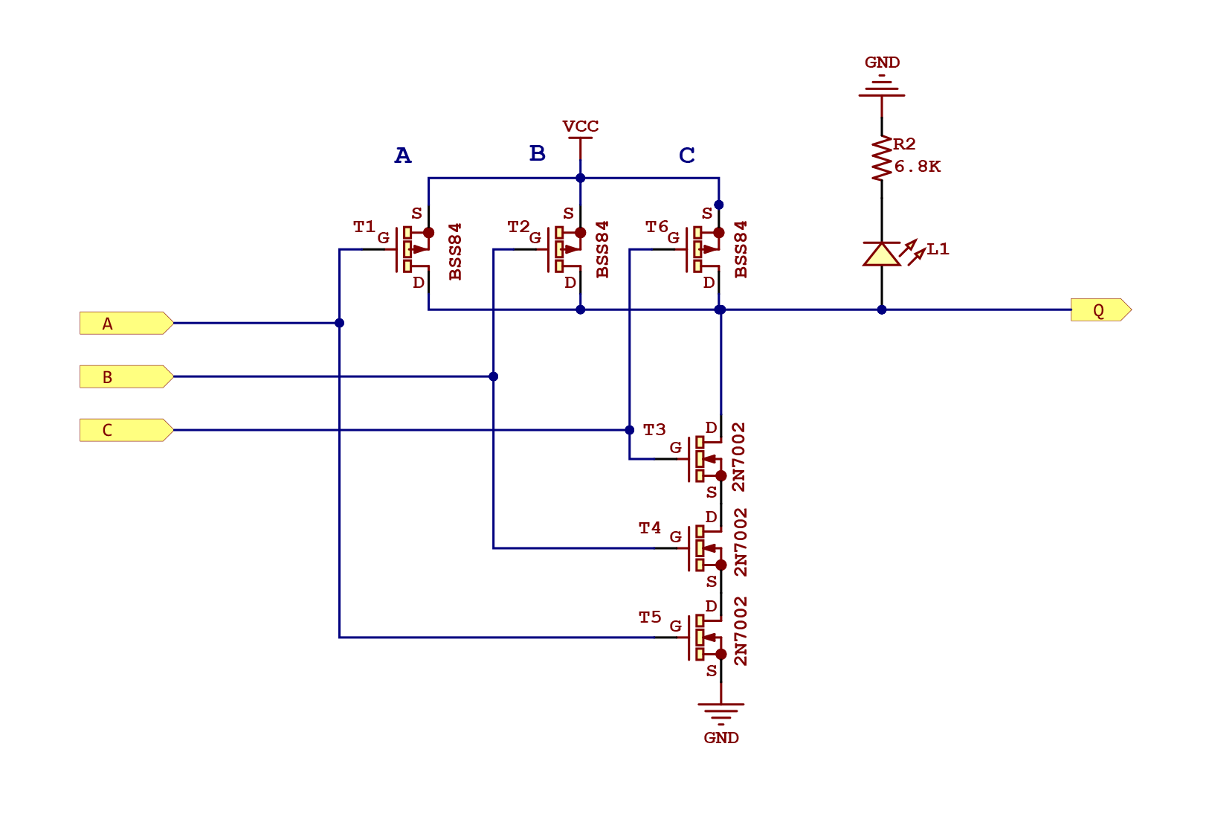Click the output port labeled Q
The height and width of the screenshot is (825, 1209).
coord(1100,310)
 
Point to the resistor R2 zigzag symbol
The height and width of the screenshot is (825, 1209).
coord(882,158)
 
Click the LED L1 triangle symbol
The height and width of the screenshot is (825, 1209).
coord(882,254)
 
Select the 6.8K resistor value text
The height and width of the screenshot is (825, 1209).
coord(917,167)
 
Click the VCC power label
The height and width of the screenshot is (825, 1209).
coord(580,126)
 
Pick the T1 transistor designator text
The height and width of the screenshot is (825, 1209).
coord(364,226)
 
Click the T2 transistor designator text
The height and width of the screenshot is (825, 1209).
coord(518,226)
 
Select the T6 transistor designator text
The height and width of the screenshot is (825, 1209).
coord(657,226)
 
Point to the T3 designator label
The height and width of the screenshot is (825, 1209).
coord(654,430)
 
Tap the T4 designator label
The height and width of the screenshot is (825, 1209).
coord(650,528)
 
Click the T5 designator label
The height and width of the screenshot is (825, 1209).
coord(650,617)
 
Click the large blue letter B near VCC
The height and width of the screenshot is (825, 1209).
coord(537,153)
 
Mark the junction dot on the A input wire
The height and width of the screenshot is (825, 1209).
coord(339,323)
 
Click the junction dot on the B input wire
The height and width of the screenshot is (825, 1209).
coord(493,376)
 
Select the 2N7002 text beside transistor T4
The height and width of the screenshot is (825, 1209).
coord(741,543)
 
